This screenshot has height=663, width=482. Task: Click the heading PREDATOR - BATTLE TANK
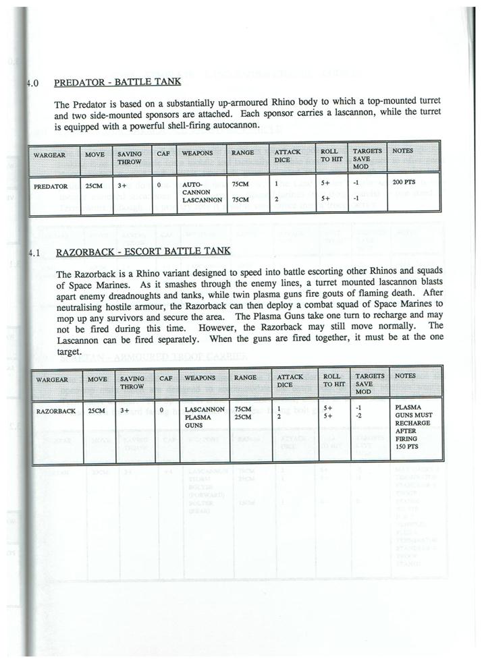(x=117, y=83)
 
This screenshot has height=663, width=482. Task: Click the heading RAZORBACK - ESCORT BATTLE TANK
(x=142, y=252)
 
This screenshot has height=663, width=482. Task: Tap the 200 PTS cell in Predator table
(x=404, y=183)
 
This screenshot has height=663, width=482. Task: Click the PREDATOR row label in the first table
(x=51, y=185)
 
